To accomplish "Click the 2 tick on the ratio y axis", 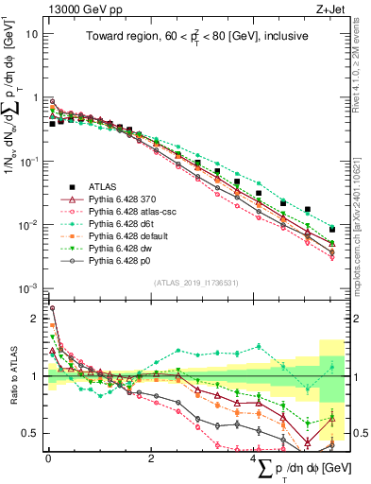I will [37, 320].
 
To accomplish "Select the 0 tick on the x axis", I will [48, 459].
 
